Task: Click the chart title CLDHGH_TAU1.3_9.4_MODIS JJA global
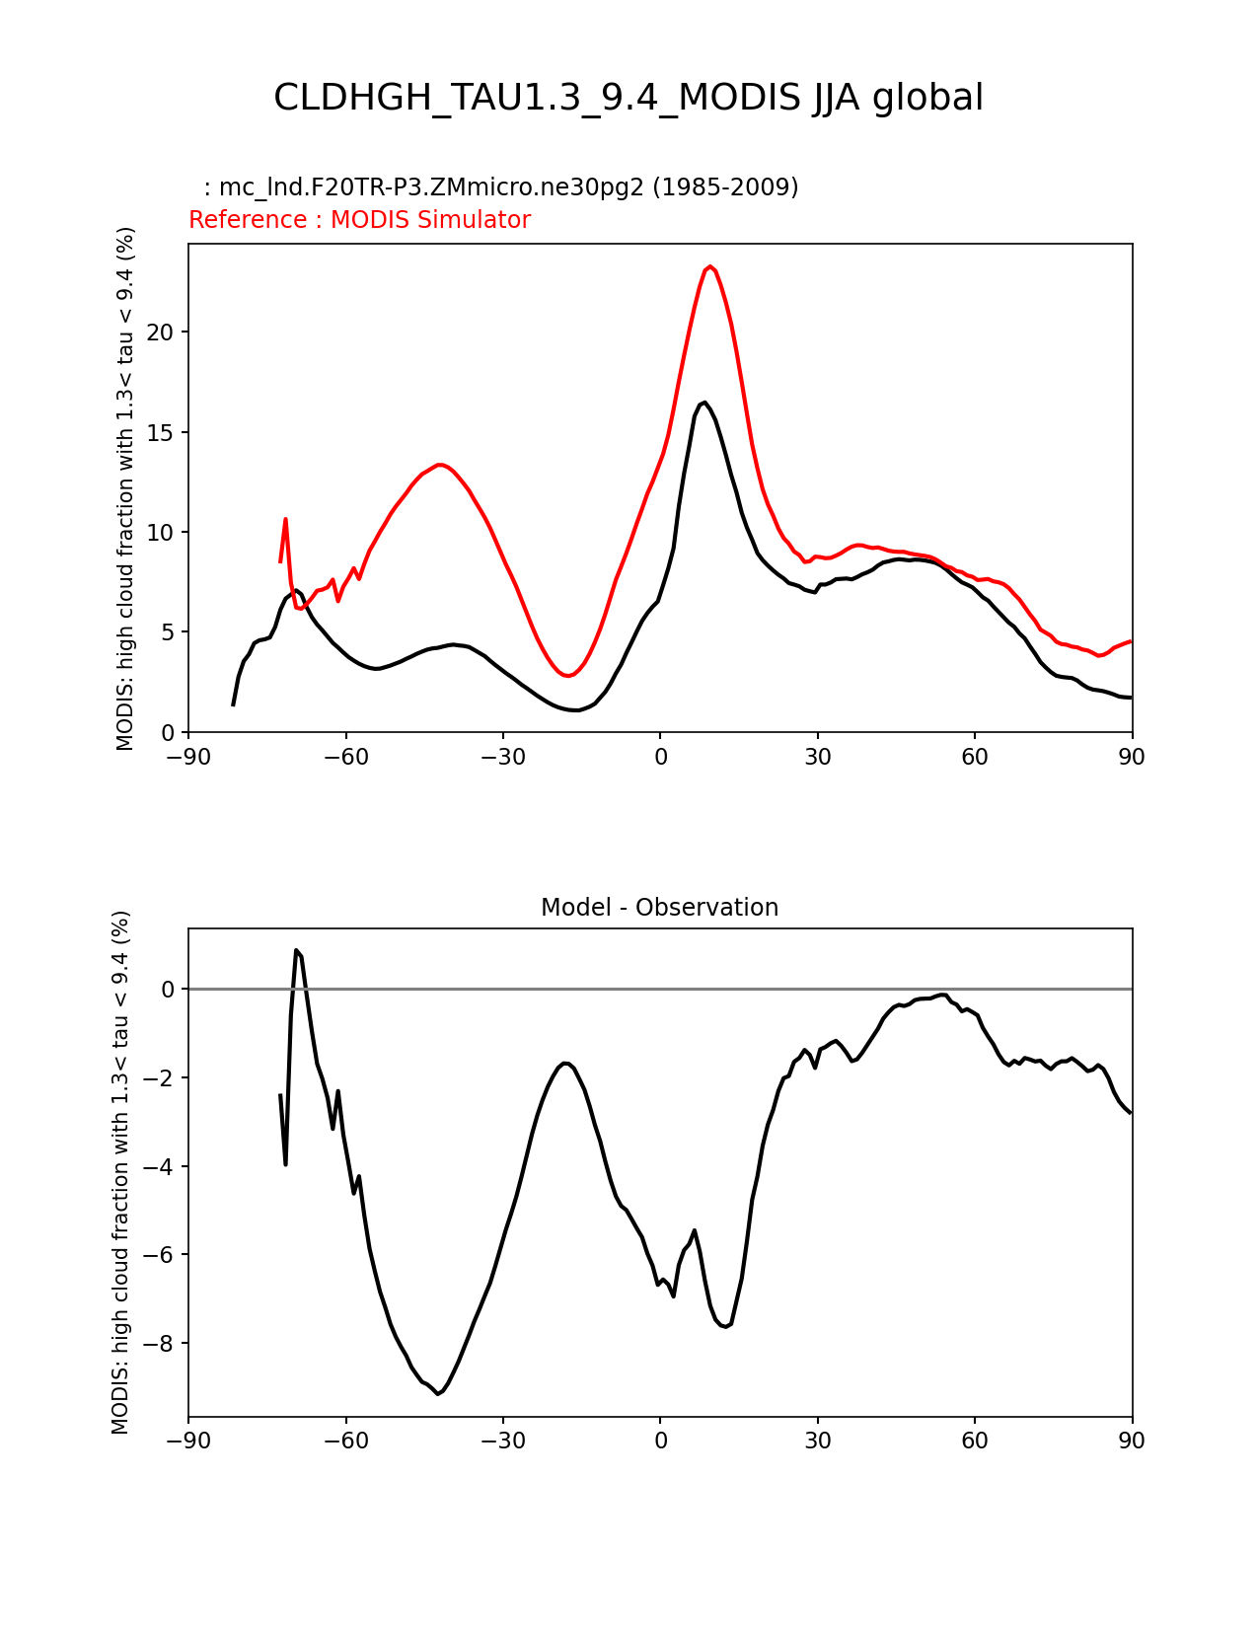tap(629, 98)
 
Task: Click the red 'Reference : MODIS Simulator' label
tap(359, 220)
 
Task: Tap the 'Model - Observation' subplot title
tap(659, 908)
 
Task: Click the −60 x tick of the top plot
tap(345, 757)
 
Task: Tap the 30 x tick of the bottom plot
tap(817, 1441)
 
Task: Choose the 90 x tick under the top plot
tap(1132, 757)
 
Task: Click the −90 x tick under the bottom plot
tap(188, 1441)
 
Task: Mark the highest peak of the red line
tap(710, 266)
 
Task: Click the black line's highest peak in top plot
tap(704, 403)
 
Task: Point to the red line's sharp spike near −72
tap(285, 519)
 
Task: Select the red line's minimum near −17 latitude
tap(568, 676)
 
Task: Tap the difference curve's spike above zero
tap(296, 950)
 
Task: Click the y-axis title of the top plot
tap(125, 488)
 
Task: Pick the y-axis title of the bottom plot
tap(120, 1172)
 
